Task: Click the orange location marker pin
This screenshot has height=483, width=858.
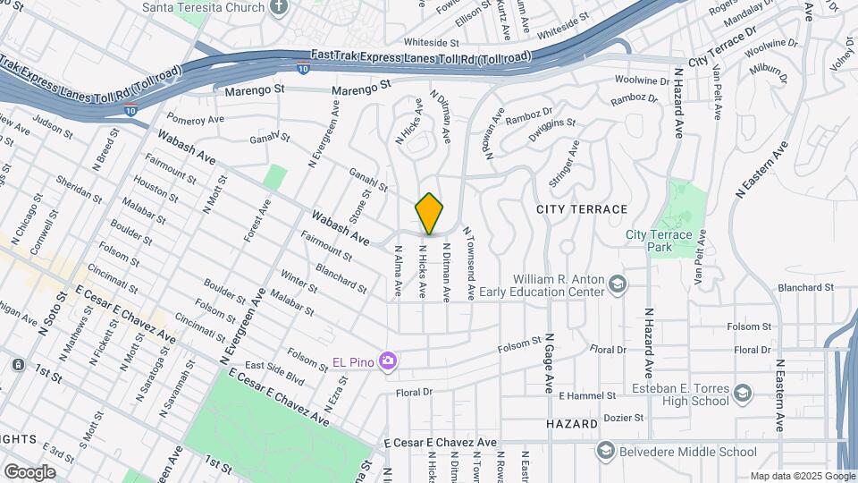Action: (430, 215)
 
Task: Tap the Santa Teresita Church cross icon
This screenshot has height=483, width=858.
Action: (279, 7)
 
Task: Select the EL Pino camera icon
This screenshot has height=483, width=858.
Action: (388, 360)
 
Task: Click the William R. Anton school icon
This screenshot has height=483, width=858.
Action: (617, 284)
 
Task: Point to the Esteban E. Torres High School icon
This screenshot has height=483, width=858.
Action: (742, 394)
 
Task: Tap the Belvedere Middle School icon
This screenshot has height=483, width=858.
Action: (607, 450)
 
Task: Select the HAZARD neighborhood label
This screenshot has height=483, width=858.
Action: (572, 423)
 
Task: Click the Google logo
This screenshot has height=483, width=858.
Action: (29, 471)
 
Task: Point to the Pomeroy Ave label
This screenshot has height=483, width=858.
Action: (195, 119)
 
